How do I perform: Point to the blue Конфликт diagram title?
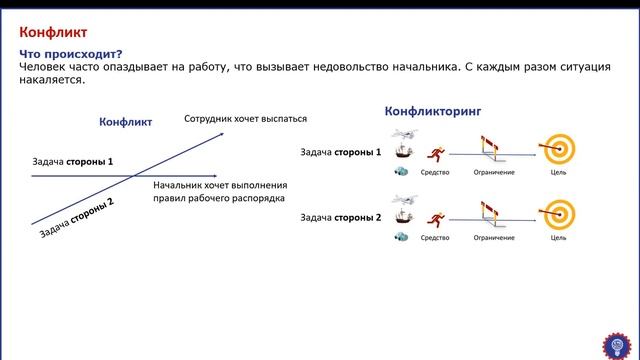[125, 122]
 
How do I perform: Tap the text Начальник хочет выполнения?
[220, 185]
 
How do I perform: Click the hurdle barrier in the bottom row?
[494, 216]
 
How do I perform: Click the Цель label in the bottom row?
[558, 238]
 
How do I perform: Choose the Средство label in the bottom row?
[435, 238]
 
